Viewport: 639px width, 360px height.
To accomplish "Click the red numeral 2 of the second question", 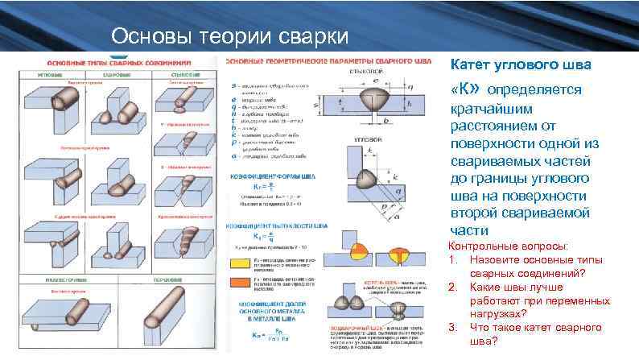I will [453, 288].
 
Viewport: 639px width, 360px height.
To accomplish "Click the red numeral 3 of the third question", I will [453, 327].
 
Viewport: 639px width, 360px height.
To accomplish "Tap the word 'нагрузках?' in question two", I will [498, 313].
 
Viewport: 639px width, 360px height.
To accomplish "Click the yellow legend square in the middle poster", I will [239, 261].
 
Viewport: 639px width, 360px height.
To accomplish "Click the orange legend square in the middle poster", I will [239, 281].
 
